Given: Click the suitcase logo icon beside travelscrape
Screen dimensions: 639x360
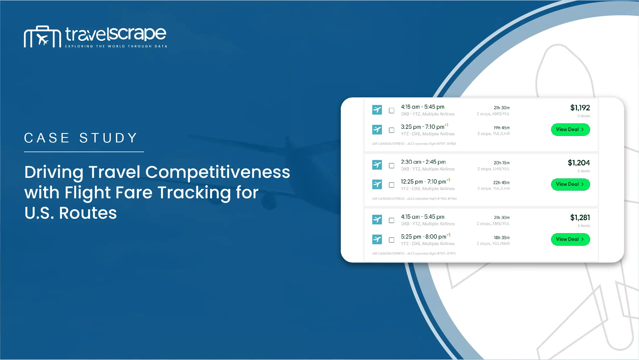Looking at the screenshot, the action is coord(42,37).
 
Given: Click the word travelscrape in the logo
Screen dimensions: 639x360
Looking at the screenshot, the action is coord(116,34).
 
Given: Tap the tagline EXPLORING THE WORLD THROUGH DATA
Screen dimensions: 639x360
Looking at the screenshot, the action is coord(116,46).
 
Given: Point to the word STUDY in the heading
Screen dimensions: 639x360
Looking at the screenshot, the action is coord(108,138).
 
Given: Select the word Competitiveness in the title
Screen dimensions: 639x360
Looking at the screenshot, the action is coord(218,172).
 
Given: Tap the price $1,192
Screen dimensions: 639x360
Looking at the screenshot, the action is coord(580,108).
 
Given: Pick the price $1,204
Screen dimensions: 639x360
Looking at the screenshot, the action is coord(579,163).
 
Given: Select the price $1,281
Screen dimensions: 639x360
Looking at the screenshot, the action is coord(580,218).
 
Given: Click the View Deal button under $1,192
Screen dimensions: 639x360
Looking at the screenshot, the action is coord(571,130).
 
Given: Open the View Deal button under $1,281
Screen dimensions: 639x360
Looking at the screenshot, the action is coord(571,239).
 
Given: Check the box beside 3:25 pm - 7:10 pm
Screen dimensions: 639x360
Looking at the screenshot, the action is coord(392,130).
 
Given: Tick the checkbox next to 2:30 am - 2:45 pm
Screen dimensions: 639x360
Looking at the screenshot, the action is coord(392,166).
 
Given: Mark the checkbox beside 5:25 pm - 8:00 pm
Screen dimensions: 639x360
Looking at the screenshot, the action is coord(392,240).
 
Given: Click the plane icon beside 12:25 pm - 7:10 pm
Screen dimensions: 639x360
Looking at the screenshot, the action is coord(377,184).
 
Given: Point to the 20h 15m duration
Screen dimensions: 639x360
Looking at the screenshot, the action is coord(502,163).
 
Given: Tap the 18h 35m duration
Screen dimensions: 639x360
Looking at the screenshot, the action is coord(502,238).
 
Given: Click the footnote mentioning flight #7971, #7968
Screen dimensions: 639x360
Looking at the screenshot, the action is coord(414,144).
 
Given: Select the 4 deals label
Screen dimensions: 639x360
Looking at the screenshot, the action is coord(584,226).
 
